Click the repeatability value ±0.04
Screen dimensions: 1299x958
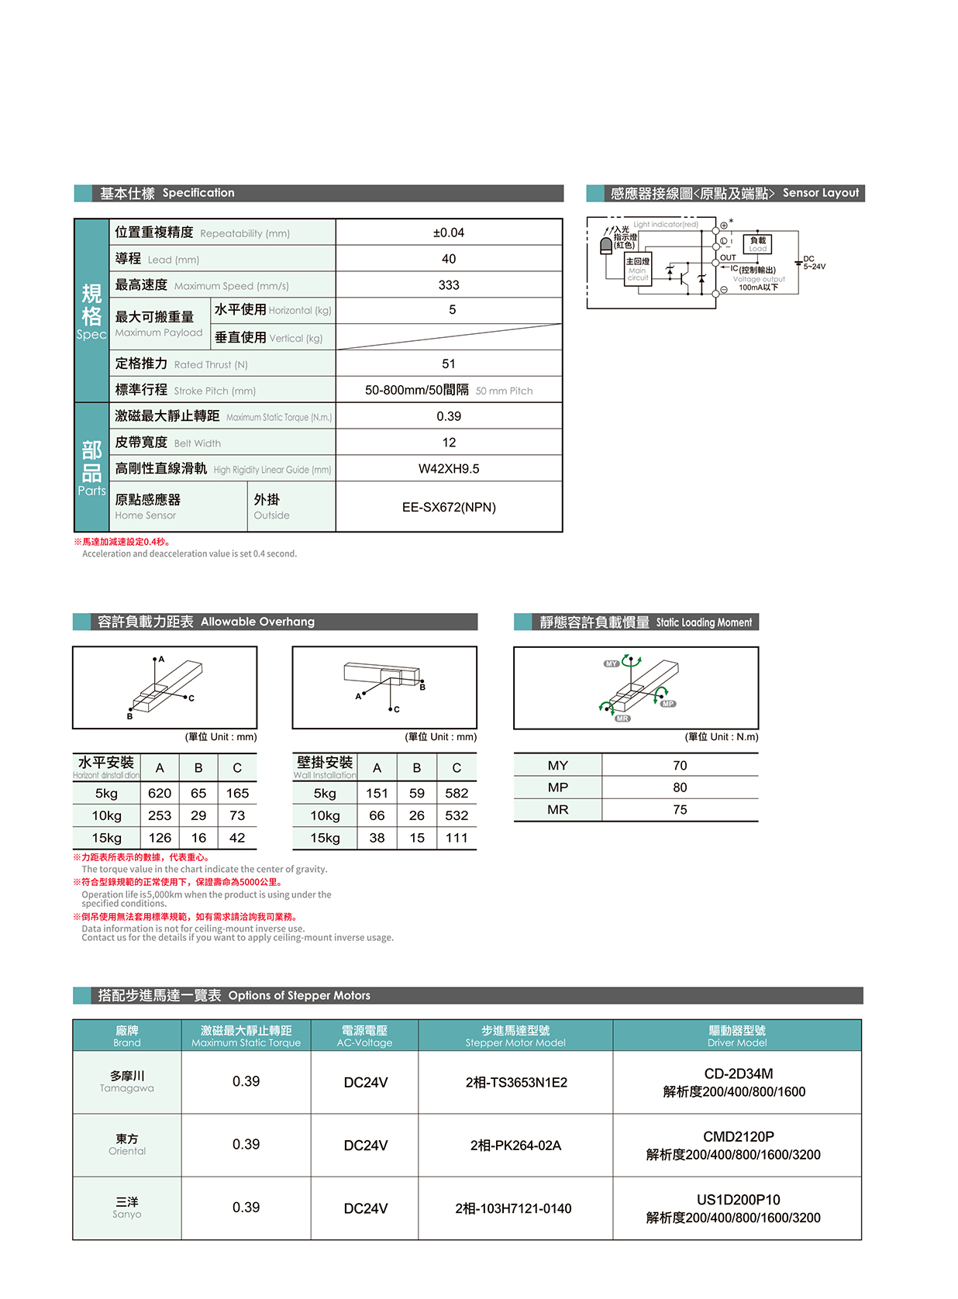[x=448, y=233]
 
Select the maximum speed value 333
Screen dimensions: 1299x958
[x=448, y=285]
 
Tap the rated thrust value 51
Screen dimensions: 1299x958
[x=448, y=364]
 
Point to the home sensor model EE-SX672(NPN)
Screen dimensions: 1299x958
[x=448, y=507]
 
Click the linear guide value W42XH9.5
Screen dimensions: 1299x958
[x=448, y=469]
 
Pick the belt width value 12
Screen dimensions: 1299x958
[x=448, y=443]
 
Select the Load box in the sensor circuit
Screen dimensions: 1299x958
[x=757, y=244]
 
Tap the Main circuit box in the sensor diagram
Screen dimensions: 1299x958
[x=637, y=269]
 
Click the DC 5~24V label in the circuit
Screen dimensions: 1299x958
[x=813, y=263]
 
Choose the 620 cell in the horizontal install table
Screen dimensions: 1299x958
[x=160, y=794]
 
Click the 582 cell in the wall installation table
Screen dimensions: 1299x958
[x=457, y=794]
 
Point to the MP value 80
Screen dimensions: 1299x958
[x=680, y=787]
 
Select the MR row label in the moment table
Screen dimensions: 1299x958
[x=558, y=810]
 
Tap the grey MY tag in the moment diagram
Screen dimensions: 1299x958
[x=612, y=663]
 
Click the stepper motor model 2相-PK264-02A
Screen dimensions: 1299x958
[x=515, y=1146]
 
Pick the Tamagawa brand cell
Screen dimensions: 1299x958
[x=127, y=1082]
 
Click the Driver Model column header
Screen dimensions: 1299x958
[x=736, y=1035]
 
